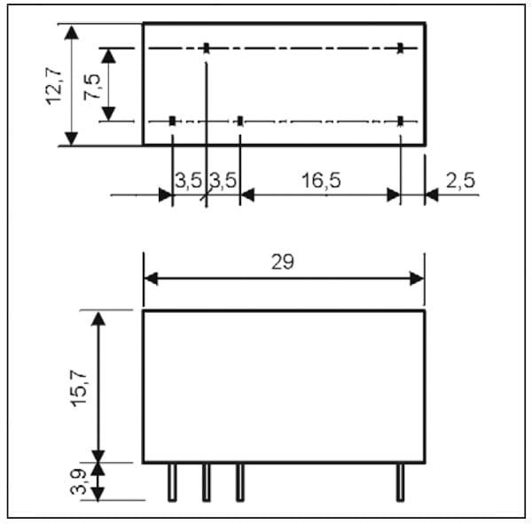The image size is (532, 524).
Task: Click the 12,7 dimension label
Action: (x=57, y=83)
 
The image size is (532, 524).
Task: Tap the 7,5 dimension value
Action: (x=91, y=85)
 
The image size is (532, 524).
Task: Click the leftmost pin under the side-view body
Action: (x=172, y=481)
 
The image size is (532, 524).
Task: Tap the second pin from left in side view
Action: (x=206, y=481)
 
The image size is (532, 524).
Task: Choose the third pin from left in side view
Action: (x=239, y=481)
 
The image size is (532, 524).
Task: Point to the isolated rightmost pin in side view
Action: (x=401, y=481)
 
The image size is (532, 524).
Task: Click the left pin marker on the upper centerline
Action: (x=206, y=48)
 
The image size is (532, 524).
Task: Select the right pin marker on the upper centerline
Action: (x=401, y=48)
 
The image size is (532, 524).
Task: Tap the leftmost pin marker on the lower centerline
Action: (x=172, y=121)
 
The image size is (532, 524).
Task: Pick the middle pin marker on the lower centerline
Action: (x=239, y=121)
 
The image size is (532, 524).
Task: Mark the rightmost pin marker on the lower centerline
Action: (x=401, y=121)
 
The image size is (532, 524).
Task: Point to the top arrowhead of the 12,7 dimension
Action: (x=71, y=29)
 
